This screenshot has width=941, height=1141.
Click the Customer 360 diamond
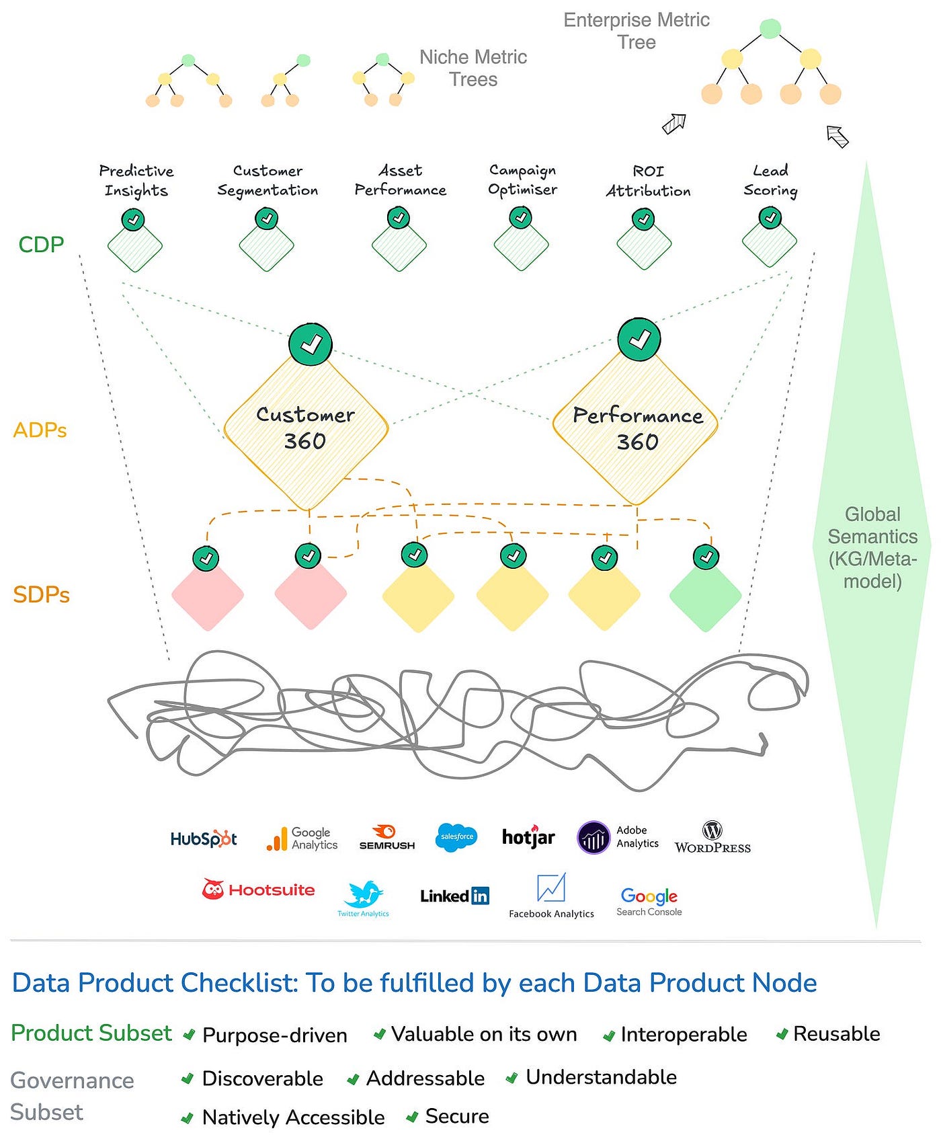(306, 429)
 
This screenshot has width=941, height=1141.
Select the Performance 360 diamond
(636, 429)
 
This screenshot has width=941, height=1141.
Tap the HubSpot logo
(203, 838)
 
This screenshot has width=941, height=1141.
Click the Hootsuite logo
(259, 890)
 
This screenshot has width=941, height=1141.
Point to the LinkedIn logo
(454, 896)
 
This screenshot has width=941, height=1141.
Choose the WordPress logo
(712, 838)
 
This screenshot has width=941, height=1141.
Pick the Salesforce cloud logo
(456, 837)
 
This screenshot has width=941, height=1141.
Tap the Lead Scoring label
(770, 180)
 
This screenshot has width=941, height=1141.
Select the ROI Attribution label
(648, 181)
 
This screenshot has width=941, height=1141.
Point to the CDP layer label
(41, 244)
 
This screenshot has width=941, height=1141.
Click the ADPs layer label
(40, 430)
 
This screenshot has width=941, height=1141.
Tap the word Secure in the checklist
(457, 1116)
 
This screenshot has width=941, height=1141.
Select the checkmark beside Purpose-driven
(189, 1035)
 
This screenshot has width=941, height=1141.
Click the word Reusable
(836, 1033)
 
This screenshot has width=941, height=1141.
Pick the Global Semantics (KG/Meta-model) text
(872, 547)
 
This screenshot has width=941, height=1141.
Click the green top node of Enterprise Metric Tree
(770, 28)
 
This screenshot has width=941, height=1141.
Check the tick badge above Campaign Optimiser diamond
(520, 217)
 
